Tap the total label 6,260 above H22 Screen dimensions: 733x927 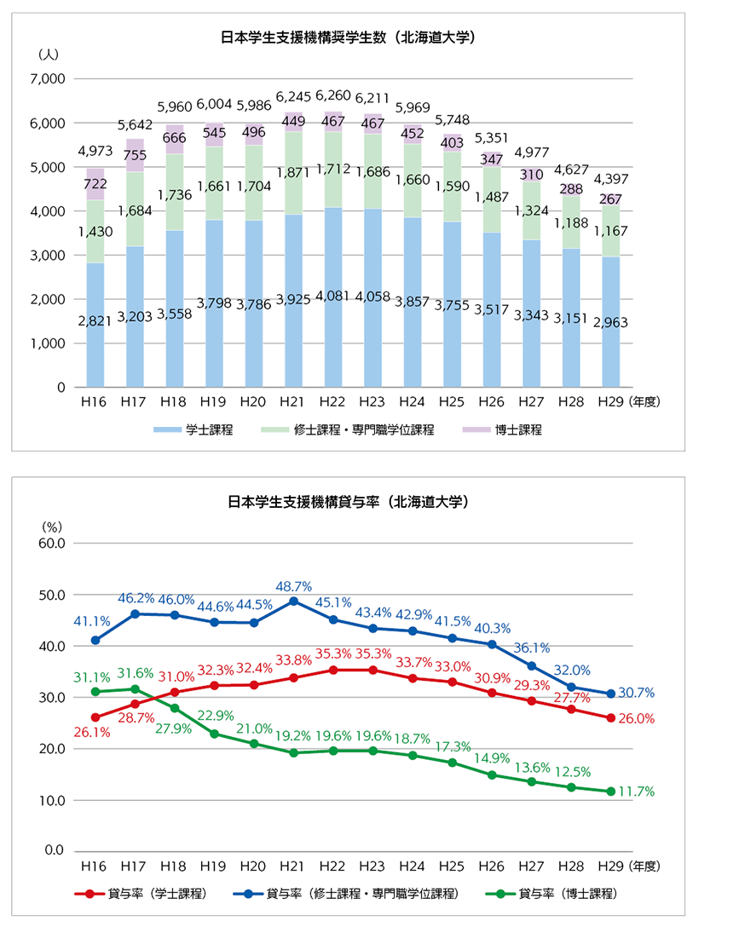[x=333, y=95]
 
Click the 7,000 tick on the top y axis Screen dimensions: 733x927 [x=48, y=78]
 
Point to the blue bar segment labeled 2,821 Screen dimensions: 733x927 [x=95, y=325]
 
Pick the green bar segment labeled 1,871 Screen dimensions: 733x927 [x=293, y=173]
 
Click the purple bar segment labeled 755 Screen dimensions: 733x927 [x=135, y=155]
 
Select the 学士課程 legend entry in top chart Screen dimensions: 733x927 [x=193, y=429]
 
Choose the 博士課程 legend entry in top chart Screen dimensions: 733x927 [x=502, y=429]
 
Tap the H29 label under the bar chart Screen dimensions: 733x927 [x=610, y=402]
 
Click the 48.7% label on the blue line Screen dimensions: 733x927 [x=293, y=586]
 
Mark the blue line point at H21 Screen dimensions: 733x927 [x=293, y=602]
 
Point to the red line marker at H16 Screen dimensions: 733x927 [x=95, y=717]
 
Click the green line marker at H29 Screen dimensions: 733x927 [x=610, y=791]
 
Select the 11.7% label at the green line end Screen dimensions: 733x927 [x=637, y=792]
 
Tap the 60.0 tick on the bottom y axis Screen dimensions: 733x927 [x=52, y=544]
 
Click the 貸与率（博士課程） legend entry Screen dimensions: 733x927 [x=551, y=893]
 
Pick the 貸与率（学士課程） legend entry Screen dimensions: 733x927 [x=141, y=893]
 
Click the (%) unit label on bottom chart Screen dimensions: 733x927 [x=51, y=527]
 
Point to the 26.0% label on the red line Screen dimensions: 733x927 [x=637, y=719]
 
